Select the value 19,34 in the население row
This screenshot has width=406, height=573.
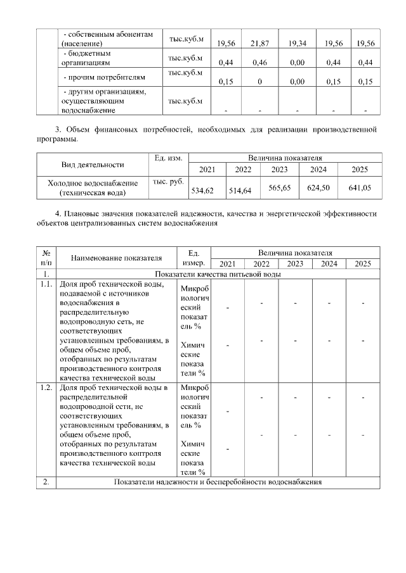(297, 44)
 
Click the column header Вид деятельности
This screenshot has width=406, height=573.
(96, 164)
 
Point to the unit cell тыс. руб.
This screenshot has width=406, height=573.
(168, 182)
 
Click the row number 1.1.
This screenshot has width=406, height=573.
(45, 284)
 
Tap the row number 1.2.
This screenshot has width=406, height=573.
(45, 387)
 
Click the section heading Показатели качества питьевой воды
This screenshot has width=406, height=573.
(218, 274)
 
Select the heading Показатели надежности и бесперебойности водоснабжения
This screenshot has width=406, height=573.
(218, 482)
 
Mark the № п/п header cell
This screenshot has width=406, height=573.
(46, 257)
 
